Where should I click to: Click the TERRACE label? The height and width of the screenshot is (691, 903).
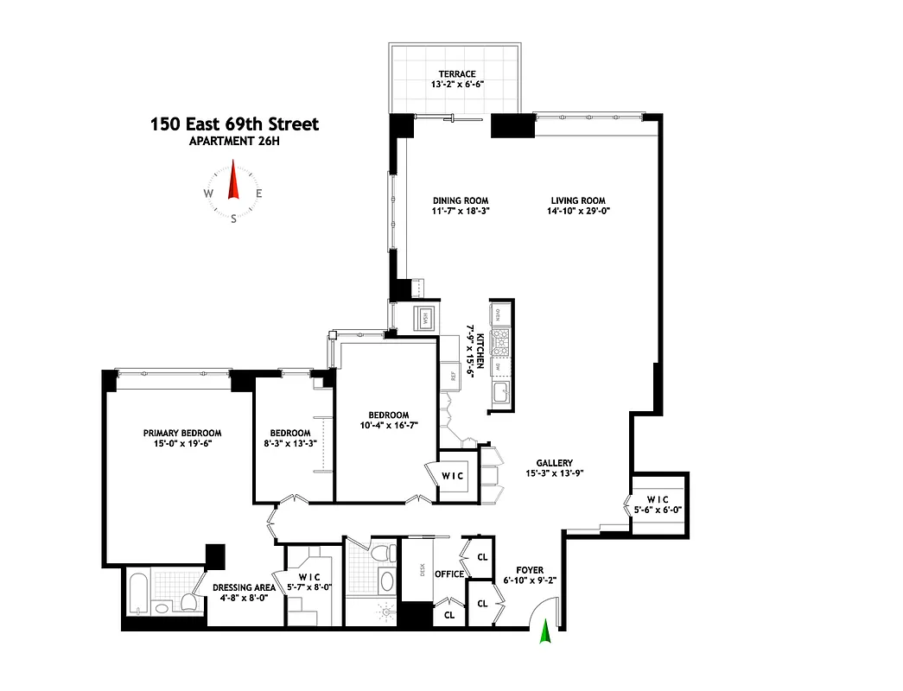coord(455,74)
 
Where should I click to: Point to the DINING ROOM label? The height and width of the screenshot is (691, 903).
coord(461,200)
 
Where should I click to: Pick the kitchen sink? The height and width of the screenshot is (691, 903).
coord(501,394)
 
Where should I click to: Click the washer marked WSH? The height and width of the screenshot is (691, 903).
coord(424,318)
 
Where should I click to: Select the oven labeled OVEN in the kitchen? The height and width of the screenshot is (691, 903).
coord(501,313)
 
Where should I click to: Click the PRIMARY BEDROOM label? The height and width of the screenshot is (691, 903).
coord(182,434)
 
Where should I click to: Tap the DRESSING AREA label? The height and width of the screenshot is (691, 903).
coord(245,587)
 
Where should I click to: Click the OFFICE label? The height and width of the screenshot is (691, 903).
coord(449,574)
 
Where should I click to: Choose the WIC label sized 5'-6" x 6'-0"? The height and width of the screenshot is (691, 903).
coord(659,498)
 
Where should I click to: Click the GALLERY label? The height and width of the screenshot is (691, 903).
coord(553,463)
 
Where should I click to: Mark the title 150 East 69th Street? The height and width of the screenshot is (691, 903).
coord(234,124)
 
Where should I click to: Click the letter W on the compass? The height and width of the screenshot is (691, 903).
coord(208,193)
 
